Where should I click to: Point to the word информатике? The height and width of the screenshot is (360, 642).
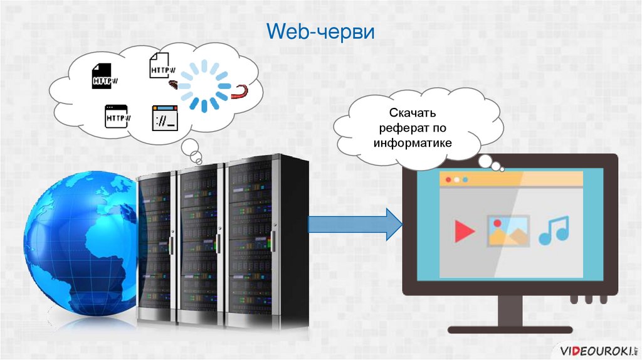pos(413,143)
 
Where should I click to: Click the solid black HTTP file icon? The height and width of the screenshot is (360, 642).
pos(105,75)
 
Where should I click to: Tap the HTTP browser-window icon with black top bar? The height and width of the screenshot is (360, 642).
pos(117,117)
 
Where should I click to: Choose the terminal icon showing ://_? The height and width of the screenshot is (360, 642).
pos(166,117)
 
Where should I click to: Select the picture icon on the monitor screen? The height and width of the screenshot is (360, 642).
pos(508,230)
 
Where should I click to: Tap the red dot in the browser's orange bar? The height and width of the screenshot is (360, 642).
pos(448,180)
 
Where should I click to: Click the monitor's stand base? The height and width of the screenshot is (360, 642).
pos(509,329)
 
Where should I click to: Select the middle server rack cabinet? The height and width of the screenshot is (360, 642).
pos(203,245)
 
